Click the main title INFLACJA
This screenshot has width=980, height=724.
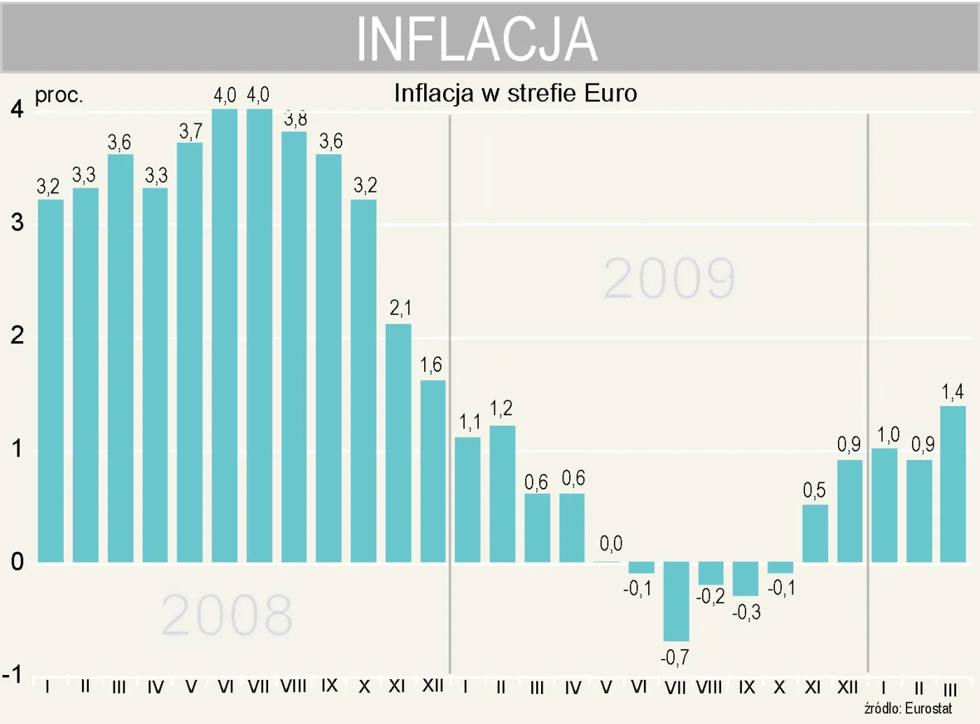pos(477,39)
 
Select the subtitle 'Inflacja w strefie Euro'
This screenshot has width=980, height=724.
pos(515,93)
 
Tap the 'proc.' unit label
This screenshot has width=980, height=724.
pos(59,95)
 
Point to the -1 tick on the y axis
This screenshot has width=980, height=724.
pos(13,675)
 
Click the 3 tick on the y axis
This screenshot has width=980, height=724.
pos(17,223)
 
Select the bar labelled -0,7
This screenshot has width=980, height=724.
pos(675,601)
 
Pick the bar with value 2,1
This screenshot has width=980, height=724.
pos(398,443)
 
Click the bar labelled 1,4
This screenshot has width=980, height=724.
pos(953,484)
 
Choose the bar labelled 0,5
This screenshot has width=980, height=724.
pos(815,533)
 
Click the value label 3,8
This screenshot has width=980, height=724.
pos(295,119)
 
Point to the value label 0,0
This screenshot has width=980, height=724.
pos(610,543)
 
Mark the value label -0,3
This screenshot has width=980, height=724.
pos(746,613)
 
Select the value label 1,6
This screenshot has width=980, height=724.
pos(431,365)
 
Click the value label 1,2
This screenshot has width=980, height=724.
pos(501,408)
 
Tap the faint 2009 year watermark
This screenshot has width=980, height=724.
pos(669,278)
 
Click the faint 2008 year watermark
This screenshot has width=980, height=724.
pos(227,615)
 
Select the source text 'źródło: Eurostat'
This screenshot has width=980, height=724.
pos(908,709)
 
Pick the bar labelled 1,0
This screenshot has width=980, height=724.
pos(884,505)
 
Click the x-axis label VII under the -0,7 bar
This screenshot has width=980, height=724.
pos(675,688)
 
